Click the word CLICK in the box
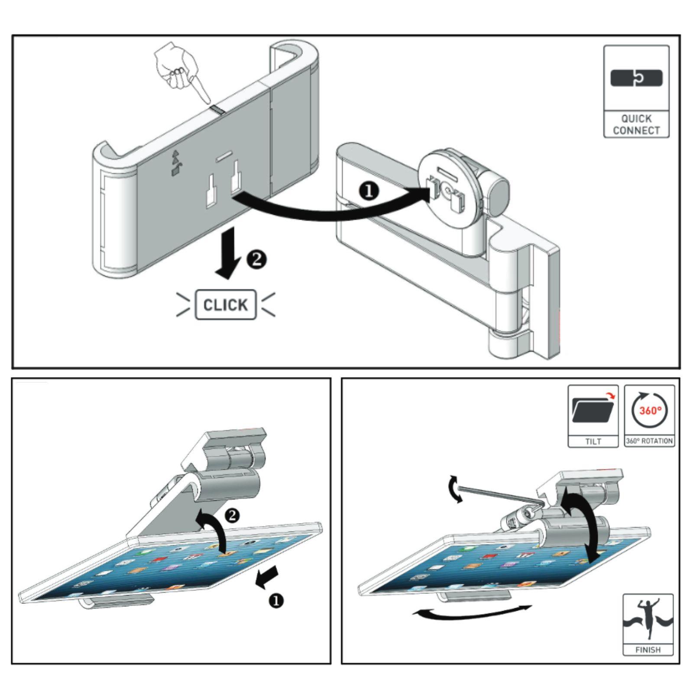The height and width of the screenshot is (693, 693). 225,305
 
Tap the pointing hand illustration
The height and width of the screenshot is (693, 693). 177,71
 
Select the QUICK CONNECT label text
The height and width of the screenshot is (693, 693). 636,124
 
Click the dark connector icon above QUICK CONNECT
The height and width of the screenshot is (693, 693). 636,78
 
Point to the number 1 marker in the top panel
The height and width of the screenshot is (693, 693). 369,191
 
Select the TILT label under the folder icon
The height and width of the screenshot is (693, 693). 593,441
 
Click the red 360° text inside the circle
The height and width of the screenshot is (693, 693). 650,410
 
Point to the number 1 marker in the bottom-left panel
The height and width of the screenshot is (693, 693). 276,601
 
